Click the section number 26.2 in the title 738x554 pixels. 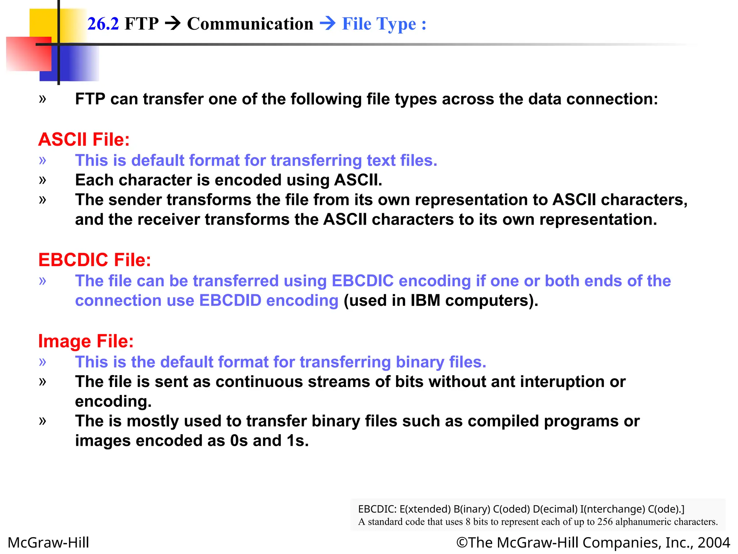pyautogui.click(x=103, y=24)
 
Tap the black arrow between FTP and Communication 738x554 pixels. pyautogui.click(x=173, y=24)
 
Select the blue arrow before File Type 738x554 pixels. pyautogui.click(x=328, y=24)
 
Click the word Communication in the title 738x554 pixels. pyautogui.click(x=250, y=24)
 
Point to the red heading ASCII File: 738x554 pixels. pyautogui.click(x=84, y=140)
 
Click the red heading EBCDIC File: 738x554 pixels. pyautogui.click(x=95, y=260)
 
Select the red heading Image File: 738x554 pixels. pyautogui.click(x=86, y=341)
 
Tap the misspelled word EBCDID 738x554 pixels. pyautogui.click(x=230, y=300)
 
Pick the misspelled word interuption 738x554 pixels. pyautogui.click(x=569, y=382)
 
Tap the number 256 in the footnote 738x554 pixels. pyautogui.click(x=605, y=522)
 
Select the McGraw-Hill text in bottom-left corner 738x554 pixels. pyautogui.click(x=48, y=542)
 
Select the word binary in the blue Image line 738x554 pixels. pyautogui.click(x=420, y=362)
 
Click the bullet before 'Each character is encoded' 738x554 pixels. pyautogui.click(x=43, y=180)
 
